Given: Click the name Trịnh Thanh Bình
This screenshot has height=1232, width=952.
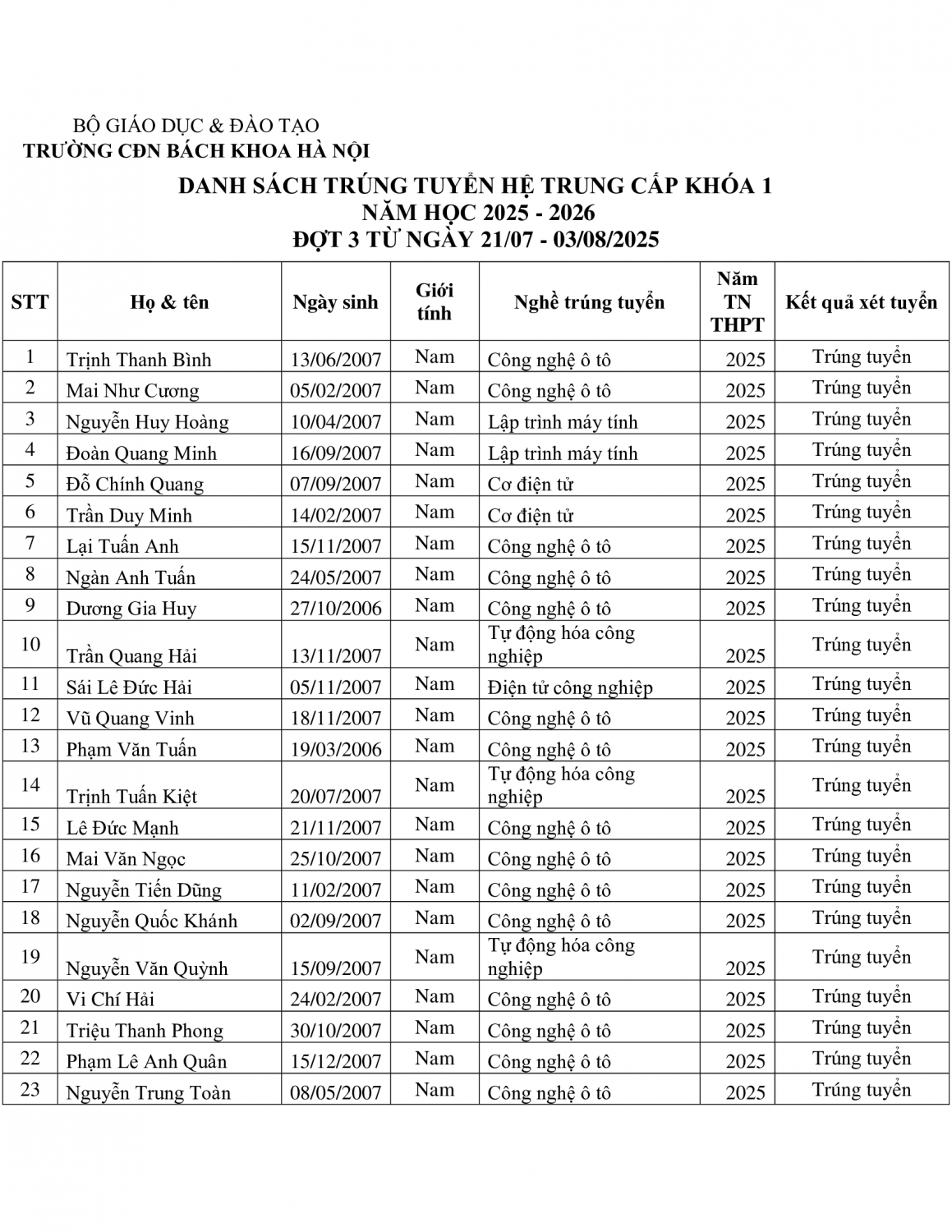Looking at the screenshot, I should tap(139, 360).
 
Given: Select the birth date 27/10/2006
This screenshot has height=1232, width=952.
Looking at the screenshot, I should tap(335, 609).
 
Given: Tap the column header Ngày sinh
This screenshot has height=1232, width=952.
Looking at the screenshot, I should tap(335, 302).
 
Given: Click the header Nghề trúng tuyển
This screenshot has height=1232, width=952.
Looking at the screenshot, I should tap(589, 302).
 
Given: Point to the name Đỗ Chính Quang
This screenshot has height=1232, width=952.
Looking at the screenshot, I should tap(135, 485).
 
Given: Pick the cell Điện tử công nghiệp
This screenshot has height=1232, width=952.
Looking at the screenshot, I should tap(570, 687).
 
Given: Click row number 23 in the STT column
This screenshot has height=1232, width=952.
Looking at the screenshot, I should tap(30, 1090).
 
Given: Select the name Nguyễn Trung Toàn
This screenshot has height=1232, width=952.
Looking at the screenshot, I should tap(148, 1093).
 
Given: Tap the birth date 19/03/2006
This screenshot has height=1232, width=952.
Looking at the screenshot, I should tap(335, 750).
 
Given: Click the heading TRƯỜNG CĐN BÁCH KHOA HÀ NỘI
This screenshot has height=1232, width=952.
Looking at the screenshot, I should tap(196, 151).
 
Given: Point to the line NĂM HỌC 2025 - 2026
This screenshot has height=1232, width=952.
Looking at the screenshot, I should tap(479, 213).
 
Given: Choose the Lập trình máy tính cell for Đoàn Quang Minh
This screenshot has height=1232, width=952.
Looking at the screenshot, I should tap(563, 453).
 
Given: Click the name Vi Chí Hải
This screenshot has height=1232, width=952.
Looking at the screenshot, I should tap(110, 1000).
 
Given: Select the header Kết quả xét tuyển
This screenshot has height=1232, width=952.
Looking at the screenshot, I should tap(861, 302).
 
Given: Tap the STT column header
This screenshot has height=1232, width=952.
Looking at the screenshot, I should tap(30, 302).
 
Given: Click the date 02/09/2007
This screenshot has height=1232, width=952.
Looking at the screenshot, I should tap(335, 922).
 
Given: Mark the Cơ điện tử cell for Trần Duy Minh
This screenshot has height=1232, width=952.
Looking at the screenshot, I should tap(530, 516).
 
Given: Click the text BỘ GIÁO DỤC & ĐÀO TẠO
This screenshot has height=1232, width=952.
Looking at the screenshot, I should tap(196, 126).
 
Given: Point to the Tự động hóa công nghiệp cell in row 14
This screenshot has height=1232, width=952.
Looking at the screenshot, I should tap(561, 786).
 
